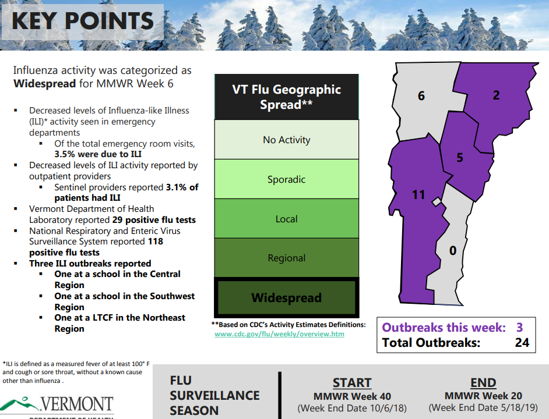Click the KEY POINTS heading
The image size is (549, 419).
click(83, 20)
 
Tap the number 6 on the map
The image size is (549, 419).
click(421, 96)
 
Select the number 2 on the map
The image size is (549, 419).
click(496, 95)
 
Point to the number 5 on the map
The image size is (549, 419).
click(460, 158)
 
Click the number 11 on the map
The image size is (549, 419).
click(418, 194)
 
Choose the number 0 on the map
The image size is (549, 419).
click(453, 250)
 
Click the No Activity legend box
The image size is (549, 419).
click(286, 140)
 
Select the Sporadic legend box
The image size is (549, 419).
click(286, 179)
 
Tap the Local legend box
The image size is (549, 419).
click(286, 219)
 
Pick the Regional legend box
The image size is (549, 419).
click(286, 258)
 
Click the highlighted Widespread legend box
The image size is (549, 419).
click(286, 297)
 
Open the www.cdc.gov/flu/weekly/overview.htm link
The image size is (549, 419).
click(279, 334)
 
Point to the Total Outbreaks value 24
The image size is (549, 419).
click(522, 342)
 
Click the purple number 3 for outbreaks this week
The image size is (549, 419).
click(520, 328)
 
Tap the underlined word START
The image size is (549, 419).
click(352, 383)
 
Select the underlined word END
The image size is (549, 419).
click(483, 382)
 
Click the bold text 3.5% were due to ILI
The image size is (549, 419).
click(98, 154)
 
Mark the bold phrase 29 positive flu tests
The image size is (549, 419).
click(154, 220)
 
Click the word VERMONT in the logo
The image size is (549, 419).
click(77, 404)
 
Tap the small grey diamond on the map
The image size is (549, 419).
click(437, 202)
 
